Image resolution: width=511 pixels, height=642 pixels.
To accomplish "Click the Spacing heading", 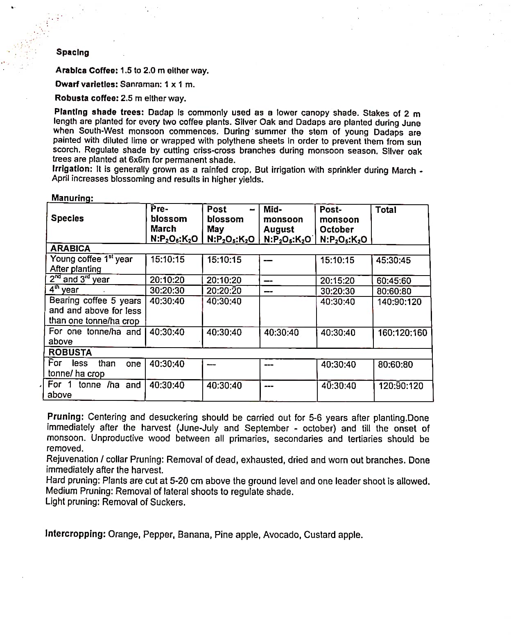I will (72, 52).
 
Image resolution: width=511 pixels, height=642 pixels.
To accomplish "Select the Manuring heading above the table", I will (72, 198).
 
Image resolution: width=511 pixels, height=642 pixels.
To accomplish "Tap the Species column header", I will (67, 218).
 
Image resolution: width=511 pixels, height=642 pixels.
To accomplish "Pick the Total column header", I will (386, 210).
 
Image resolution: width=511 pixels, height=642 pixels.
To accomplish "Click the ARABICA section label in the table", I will (70, 249).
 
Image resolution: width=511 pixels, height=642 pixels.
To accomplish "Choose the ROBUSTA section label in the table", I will (70, 353).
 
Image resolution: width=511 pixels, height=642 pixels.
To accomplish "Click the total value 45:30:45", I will (393, 260).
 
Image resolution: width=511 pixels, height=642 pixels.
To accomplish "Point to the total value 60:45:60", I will (394, 281).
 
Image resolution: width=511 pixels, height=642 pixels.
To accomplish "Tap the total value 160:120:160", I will (402, 332).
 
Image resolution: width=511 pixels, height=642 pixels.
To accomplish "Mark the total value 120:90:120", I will (401, 386).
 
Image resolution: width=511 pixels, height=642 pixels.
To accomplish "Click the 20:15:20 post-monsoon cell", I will (337, 281).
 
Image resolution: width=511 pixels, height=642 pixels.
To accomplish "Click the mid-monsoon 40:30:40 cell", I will (281, 332).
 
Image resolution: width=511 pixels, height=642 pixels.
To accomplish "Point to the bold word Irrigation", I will (72, 169).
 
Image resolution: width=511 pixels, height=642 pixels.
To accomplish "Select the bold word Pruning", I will (65, 417).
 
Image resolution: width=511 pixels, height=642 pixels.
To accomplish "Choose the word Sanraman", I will (138, 85).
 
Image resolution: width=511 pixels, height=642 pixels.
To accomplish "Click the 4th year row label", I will (64, 290).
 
